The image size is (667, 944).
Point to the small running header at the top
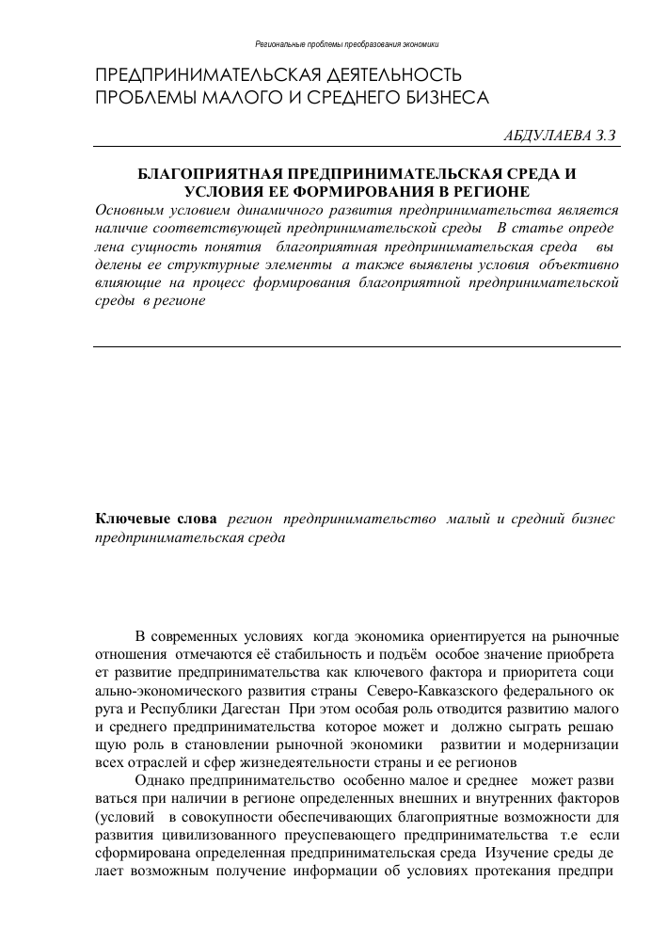point(347,44)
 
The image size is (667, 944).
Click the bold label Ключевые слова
point(156,520)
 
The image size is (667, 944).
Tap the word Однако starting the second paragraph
point(161,780)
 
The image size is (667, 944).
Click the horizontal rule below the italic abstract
point(357,347)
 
